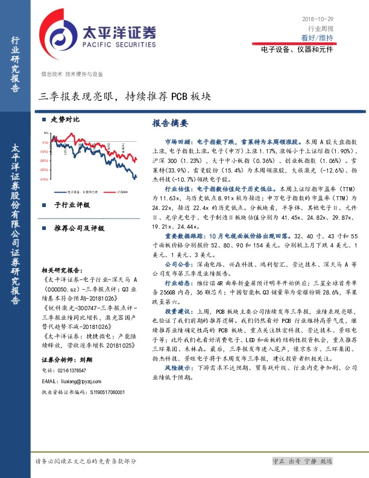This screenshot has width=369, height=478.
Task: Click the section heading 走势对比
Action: pyautogui.click(x=65, y=119)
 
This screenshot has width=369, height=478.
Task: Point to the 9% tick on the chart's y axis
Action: pyautogui.click(x=46, y=133)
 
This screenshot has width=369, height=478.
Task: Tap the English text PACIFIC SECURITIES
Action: pyautogui.click(x=113, y=43)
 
